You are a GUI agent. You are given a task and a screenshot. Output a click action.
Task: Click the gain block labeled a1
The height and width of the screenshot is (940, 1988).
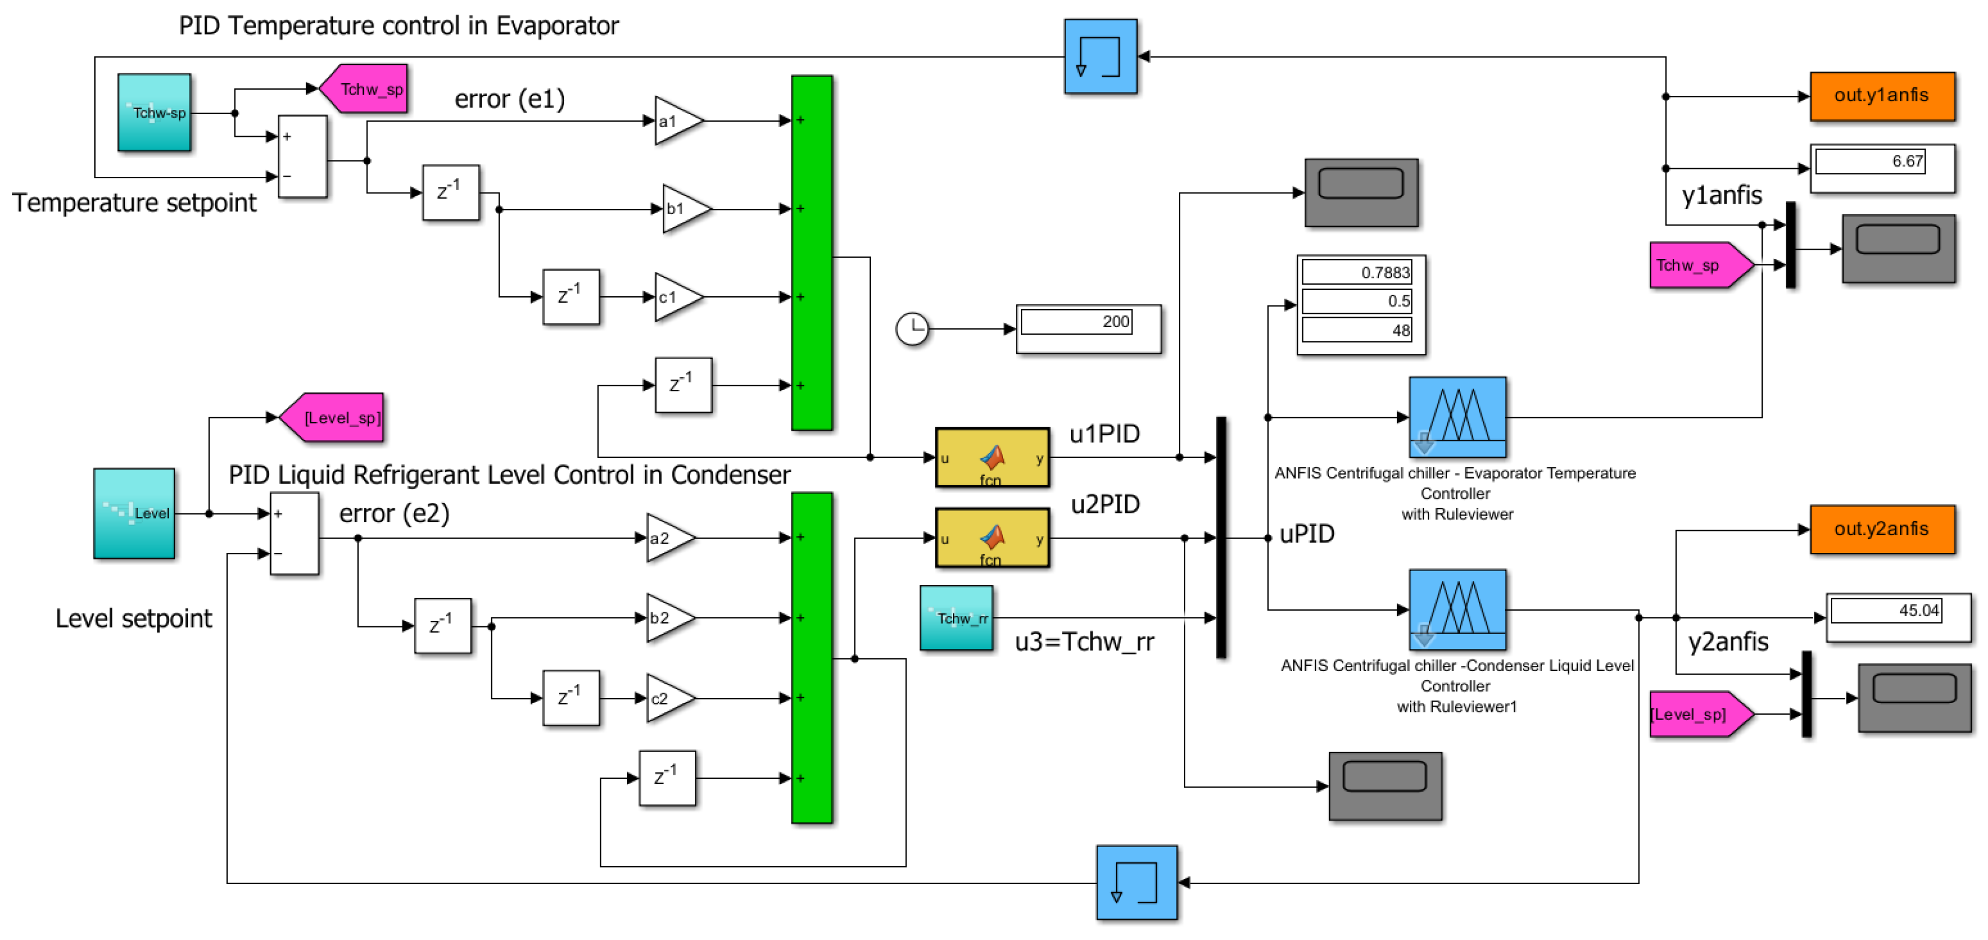click(676, 121)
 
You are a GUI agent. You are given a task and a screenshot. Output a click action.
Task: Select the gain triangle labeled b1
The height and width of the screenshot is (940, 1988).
click(684, 208)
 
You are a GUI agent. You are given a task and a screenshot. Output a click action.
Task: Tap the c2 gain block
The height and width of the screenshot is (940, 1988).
click(668, 698)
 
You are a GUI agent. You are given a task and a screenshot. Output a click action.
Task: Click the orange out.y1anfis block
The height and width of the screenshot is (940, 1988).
click(1881, 95)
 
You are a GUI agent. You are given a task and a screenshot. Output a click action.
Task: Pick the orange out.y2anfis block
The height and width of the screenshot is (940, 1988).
click(1881, 530)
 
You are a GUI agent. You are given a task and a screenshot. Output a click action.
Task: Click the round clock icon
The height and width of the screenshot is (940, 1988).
click(912, 329)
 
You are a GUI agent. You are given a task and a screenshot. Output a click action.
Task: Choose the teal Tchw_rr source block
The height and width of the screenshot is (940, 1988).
click(956, 618)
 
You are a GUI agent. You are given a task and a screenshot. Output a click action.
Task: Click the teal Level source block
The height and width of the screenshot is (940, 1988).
click(134, 513)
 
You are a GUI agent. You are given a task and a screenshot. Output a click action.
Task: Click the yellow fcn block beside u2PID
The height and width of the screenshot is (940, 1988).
click(993, 538)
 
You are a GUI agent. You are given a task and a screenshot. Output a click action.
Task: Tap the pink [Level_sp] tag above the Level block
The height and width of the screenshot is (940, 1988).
click(334, 417)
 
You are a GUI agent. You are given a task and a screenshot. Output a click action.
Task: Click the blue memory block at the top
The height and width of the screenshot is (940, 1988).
click(1100, 56)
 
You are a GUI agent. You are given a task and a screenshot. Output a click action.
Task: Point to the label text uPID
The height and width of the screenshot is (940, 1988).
click(1306, 534)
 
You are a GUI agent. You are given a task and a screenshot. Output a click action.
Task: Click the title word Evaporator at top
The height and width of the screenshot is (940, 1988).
click(557, 26)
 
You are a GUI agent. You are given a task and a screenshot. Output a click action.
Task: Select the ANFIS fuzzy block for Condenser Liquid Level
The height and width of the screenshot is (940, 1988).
click(1457, 609)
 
